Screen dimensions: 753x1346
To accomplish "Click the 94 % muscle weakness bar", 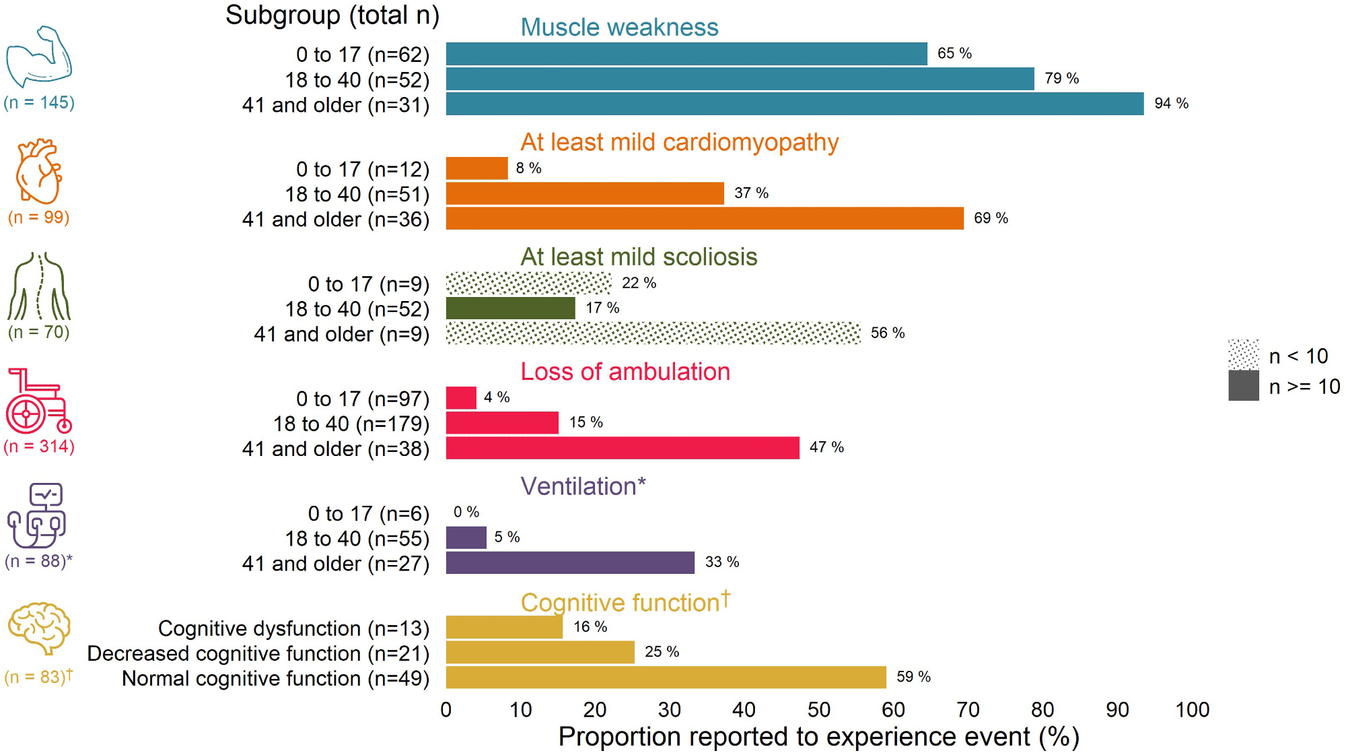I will (x=794, y=104).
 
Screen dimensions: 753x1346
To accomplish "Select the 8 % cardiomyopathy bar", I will (x=476, y=168).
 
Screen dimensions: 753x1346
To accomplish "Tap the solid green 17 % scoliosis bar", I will (x=510, y=308).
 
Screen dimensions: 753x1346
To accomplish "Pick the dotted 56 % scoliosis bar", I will (x=653, y=333).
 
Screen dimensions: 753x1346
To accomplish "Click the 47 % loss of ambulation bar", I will (x=623, y=448).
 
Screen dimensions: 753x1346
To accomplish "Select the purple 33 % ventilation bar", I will (x=570, y=563).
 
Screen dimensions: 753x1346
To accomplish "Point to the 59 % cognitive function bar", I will (x=666, y=678).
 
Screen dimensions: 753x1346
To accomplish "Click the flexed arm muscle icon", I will (x=39, y=57).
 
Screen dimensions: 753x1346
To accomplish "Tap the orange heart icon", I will (x=39, y=171).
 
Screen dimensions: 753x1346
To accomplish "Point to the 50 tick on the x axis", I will (x=818, y=710).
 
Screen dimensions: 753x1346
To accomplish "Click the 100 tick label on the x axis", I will (x=1192, y=710).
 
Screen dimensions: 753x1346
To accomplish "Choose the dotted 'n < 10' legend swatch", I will (x=1243, y=355).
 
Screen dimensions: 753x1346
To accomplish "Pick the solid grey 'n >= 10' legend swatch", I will (x=1243, y=386).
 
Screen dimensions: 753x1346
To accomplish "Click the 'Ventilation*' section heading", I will (x=583, y=486).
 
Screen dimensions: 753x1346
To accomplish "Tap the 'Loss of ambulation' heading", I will (x=625, y=372).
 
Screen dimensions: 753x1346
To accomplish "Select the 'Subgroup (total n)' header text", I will (x=332, y=15).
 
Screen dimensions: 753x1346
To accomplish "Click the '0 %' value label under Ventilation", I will (x=466, y=512).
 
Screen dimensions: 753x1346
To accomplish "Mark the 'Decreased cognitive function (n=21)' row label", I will (x=258, y=653).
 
